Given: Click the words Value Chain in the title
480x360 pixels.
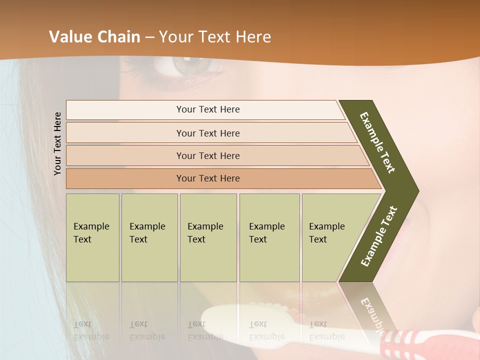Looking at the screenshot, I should click(x=95, y=37).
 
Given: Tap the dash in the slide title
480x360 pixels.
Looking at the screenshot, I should click(x=149, y=37).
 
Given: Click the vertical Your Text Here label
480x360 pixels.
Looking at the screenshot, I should click(x=58, y=143).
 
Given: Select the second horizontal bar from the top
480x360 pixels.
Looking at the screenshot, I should click(x=208, y=133).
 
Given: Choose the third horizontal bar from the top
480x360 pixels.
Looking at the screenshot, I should click(x=208, y=155).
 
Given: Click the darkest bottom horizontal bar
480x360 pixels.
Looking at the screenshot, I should click(x=208, y=178).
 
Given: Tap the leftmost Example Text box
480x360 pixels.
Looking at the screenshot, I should click(x=92, y=237).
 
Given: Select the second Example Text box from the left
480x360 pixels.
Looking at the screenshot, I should click(x=149, y=237).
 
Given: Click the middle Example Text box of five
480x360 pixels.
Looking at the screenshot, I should click(x=208, y=237).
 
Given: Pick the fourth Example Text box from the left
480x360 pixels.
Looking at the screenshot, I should click(x=269, y=237).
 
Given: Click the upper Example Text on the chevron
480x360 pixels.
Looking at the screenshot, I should click(x=377, y=142).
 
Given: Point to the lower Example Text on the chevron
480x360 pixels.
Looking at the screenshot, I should click(x=379, y=236).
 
